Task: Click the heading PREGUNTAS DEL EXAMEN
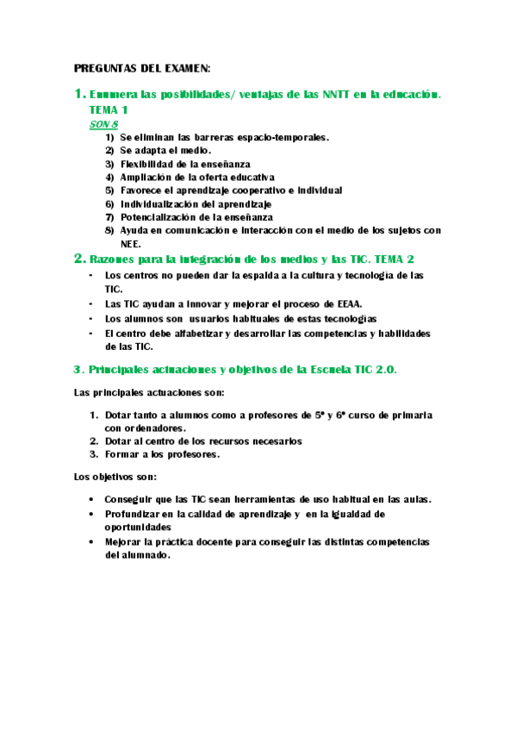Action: tap(142, 68)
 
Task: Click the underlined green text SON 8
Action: tap(104, 124)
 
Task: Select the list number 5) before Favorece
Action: tap(109, 191)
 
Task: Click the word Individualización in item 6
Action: tap(161, 204)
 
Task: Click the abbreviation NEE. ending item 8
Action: tap(131, 244)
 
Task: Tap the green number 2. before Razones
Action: tap(79, 259)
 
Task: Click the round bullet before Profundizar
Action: tap(92, 513)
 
